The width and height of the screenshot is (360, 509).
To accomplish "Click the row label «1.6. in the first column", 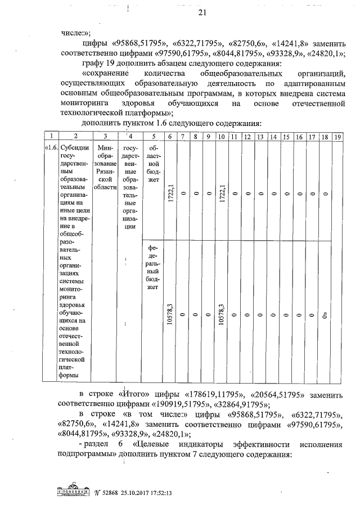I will tap(51, 147).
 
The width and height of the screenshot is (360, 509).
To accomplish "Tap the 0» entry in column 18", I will tap(325, 315).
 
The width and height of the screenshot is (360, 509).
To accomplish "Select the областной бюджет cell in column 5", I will tap(153, 163).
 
